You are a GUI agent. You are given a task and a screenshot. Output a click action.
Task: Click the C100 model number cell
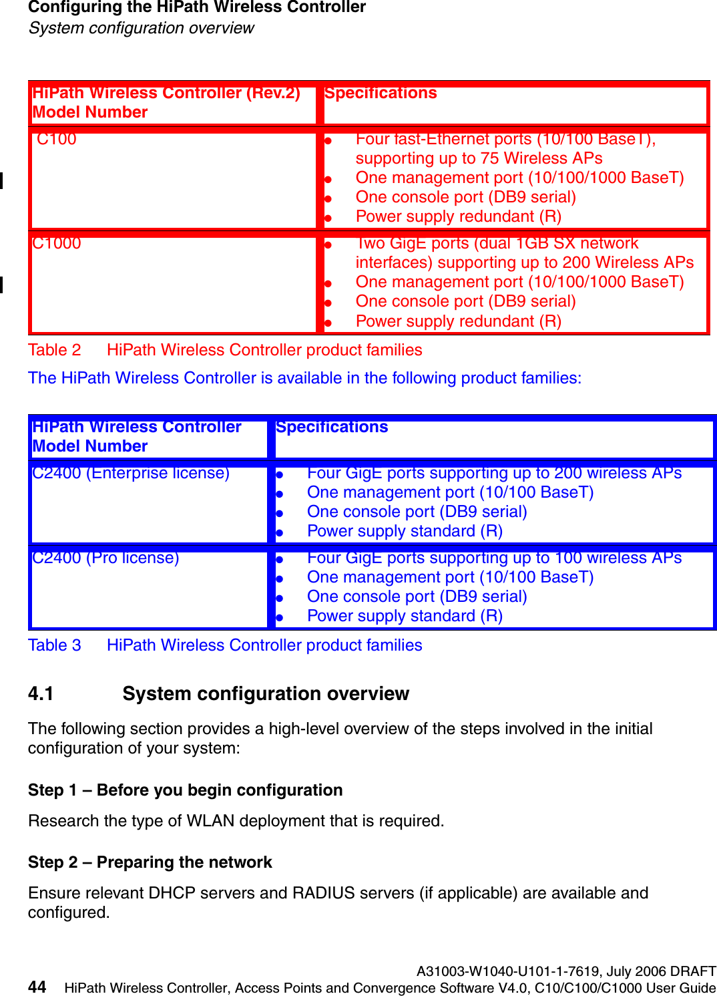click(x=57, y=140)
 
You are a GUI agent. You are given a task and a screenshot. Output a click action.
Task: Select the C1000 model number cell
click(x=57, y=244)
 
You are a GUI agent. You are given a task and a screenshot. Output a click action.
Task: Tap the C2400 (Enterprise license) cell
click(x=131, y=474)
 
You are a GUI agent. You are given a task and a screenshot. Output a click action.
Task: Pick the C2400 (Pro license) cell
click(x=105, y=558)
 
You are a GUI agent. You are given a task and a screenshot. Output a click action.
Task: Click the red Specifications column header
click(x=381, y=94)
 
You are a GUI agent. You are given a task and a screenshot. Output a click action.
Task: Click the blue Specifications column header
click(x=332, y=428)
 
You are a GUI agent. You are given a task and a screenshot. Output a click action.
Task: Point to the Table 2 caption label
click(x=54, y=350)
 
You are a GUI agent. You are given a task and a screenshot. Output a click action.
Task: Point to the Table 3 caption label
click(x=54, y=645)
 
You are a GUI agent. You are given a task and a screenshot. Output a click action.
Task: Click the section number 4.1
click(x=41, y=694)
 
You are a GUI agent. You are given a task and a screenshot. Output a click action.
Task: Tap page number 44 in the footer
click(x=37, y=987)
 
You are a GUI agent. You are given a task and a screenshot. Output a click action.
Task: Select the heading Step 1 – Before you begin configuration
click(x=185, y=790)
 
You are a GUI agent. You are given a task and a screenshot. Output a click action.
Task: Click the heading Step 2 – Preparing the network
click(x=150, y=862)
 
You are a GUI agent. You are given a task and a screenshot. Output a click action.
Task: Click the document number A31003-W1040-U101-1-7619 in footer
click(x=508, y=971)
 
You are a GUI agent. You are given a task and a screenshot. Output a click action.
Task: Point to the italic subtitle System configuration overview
click(x=141, y=28)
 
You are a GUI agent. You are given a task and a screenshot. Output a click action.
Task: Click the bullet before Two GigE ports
click(x=328, y=245)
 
